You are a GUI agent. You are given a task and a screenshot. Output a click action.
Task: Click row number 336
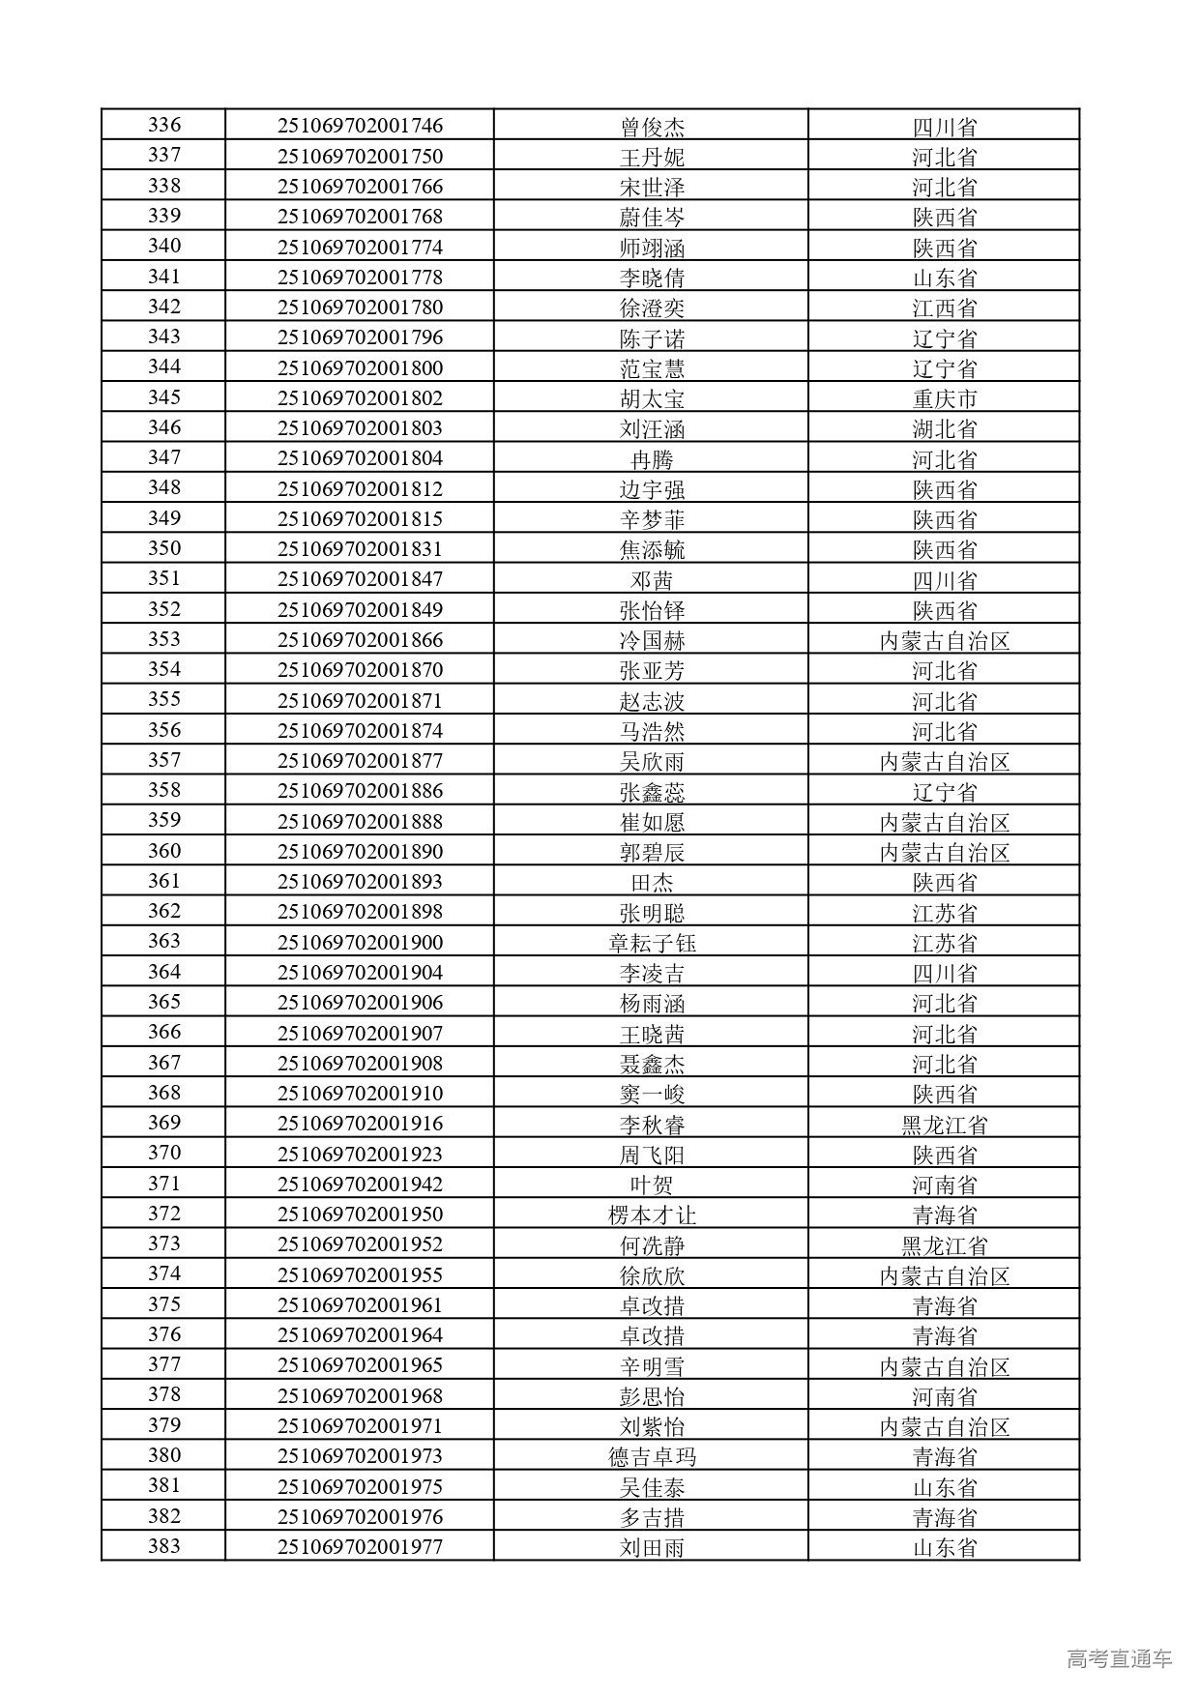click(164, 126)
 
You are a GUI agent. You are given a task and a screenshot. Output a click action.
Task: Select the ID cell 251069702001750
click(360, 157)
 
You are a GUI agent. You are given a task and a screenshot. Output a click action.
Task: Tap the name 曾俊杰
click(652, 127)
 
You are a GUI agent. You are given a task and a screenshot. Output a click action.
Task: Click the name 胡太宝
click(652, 398)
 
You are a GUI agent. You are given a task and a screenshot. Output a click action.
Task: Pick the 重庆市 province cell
click(944, 398)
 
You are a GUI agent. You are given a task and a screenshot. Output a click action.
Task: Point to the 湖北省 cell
click(944, 428)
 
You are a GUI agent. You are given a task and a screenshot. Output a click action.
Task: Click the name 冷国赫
click(652, 640)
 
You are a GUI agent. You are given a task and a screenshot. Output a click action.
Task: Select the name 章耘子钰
click(652, 943)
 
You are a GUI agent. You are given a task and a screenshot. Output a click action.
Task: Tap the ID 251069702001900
click(360, 943)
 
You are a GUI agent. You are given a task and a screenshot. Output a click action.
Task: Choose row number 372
click(164, 1214)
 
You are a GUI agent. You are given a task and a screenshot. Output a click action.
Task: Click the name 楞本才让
click(652, 1215)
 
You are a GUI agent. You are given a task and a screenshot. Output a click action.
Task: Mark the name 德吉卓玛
click(652, 1457)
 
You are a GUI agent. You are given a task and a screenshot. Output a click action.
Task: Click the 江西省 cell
click(944, 307)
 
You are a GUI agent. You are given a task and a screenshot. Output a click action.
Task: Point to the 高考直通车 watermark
click(1119, 1658)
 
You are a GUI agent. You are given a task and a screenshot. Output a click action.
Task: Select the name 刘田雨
click(652, 1547)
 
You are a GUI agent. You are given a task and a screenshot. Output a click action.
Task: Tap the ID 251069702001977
click(360, 1547)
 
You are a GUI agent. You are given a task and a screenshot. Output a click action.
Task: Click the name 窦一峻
click(652, 1094)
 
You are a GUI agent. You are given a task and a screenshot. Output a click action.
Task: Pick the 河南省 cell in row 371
click(944, 1185)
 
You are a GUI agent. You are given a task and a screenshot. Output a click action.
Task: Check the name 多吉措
click(652, 1517)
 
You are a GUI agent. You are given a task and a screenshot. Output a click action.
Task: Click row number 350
click(164, 549)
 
